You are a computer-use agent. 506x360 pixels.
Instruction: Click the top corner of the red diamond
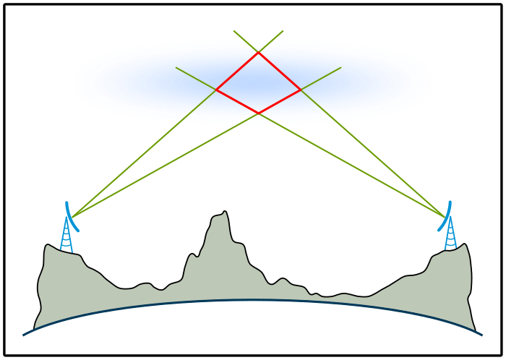[x=258, y=52]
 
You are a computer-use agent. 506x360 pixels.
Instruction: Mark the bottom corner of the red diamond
[x=259, y=113]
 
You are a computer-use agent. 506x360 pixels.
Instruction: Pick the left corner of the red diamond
[x=216, y=90]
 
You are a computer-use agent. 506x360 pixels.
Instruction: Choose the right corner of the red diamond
[x=301, y=90]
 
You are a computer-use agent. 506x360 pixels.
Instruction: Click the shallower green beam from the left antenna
[x=166, y=164]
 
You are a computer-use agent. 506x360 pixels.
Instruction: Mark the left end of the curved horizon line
[x=24, y=335]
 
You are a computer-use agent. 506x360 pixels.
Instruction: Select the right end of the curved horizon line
[x=481, y=335]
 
